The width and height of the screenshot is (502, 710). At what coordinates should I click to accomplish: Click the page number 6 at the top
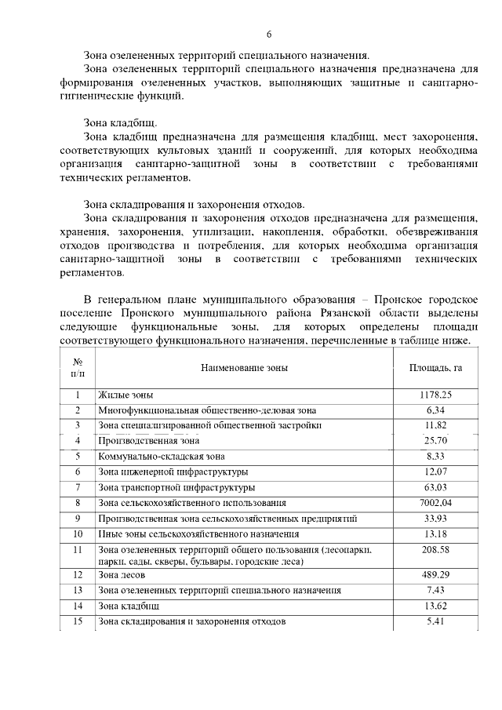click(268, 35)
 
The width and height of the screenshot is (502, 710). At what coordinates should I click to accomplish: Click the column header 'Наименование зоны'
click(244, 367)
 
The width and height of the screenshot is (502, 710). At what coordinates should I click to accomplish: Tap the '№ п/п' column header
click(78, 367)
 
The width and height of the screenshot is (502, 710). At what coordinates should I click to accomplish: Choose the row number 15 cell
click(78, 621)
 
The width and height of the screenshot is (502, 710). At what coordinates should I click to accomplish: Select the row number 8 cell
click(78, 502)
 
